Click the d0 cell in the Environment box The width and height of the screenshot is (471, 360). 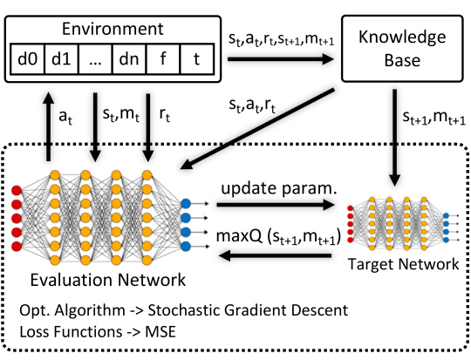[27, 59]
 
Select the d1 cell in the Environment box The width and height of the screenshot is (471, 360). [61, 59]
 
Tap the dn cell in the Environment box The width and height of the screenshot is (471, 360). [129, 59]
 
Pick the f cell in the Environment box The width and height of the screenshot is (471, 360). [163, 59]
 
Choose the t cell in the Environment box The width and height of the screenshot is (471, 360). [197, 59]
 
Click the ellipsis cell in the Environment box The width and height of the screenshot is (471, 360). [95, 59]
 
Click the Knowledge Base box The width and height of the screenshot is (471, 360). [402, 48]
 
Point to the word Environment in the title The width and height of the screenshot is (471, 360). [113, 29]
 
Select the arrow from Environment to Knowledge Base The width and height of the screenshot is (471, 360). [281, 59]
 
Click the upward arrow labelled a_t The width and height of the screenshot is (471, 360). [48, 126]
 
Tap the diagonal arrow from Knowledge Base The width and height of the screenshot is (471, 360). [257, 128]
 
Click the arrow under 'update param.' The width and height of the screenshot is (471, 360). [276, 205]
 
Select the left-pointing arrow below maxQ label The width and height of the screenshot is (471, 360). [275, 255]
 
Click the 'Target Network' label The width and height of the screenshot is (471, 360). [404, 264]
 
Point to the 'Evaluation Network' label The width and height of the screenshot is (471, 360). [108, 280]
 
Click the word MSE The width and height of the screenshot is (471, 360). [160, 332]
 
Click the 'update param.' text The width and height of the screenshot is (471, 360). [279, 189]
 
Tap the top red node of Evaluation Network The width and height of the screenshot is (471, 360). [17, 191]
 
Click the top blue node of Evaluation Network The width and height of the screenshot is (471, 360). [186, 204]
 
